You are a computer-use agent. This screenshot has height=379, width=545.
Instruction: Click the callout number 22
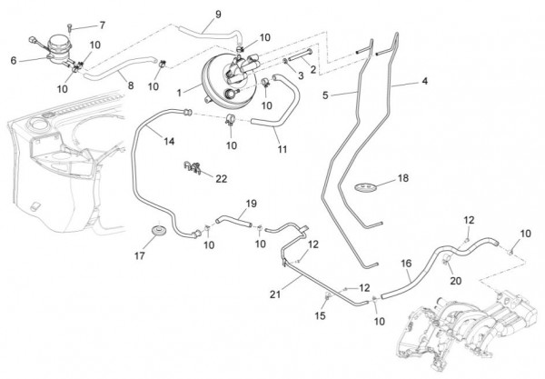221,179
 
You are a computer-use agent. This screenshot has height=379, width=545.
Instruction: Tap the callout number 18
402,178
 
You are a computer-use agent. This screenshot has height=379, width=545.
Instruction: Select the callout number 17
139,256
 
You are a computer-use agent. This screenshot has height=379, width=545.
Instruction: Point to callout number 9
218,15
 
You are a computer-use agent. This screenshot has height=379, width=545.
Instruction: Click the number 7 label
102,25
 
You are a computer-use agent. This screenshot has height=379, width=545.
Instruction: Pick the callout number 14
169,141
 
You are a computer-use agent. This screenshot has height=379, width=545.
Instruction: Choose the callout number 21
275,294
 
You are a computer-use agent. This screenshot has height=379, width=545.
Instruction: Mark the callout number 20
455,280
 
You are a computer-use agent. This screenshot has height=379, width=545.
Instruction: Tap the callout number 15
320,315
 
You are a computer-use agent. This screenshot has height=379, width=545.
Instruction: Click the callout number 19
251,204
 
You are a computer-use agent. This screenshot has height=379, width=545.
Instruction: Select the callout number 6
14,61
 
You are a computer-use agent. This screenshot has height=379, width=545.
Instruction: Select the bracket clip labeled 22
193,167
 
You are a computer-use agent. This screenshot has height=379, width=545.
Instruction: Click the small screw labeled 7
70,27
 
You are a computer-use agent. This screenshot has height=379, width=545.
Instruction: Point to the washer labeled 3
285,61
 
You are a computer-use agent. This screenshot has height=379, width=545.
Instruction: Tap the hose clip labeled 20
446,259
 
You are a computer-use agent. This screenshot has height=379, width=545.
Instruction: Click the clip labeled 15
327,296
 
